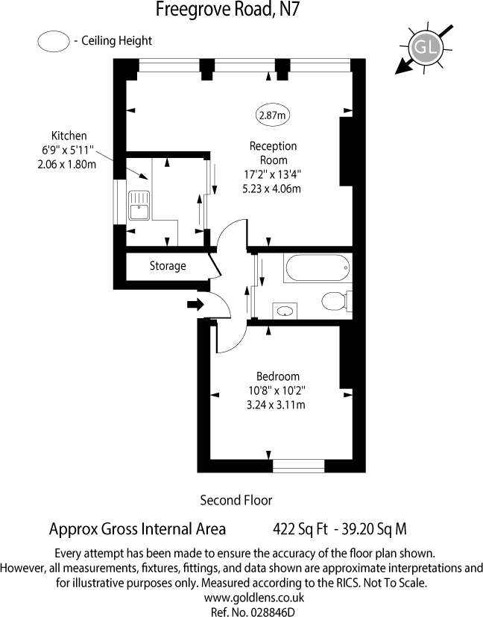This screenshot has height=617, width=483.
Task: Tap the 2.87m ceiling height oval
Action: click(x=273, y=115)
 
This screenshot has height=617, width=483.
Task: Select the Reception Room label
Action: click(x=273, y=153)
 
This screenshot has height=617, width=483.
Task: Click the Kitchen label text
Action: click(x=69, y=136)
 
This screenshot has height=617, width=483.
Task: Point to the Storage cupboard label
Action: click(x=168, y=266)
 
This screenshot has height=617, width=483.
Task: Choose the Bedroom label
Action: click(x=277, y=376)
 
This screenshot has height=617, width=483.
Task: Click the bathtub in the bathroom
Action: click(x=317, y=268)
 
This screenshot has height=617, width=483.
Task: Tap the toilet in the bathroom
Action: click(x=335, y=302)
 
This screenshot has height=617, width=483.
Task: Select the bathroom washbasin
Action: click(x=283, y=310)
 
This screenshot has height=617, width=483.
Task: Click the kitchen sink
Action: click(x=139, y=206)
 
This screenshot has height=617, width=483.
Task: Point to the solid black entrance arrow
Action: click(x=195, y=304)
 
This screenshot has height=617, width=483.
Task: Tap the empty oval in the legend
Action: click(x=52, y=41)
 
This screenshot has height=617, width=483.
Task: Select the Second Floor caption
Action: click(x=236, y=500)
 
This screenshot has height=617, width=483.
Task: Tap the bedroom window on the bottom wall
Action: click(x=298, y=466)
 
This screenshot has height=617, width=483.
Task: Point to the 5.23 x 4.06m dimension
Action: click(x=271, y=189)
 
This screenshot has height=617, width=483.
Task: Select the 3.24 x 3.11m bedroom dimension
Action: click(x=277, y=405)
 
